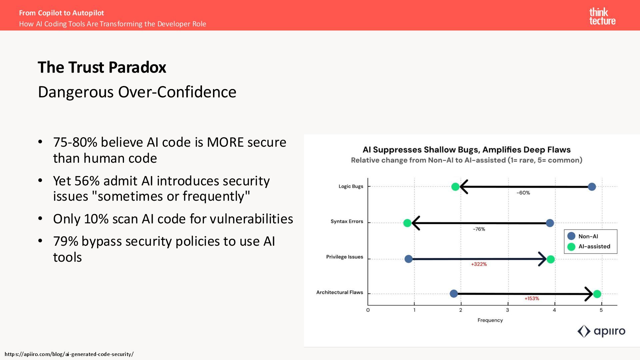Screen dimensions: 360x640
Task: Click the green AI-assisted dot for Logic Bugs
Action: (x=455, y=187)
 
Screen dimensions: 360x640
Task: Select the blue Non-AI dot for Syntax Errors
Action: (x=550, y=223)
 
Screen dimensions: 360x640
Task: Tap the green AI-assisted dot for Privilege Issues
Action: (x=551, y=259)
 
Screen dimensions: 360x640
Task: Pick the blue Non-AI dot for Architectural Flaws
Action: (x=454, y=294)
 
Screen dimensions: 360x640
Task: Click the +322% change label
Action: (x=479, y=264)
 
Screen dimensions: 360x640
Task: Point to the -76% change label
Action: (x=479, y=229)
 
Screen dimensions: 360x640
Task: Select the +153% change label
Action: (x=532, y=299)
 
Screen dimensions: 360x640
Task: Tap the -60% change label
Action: (x=523, y=193)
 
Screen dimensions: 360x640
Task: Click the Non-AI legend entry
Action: (x=588, y=236)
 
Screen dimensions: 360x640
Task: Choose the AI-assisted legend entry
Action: (x=594, y=247)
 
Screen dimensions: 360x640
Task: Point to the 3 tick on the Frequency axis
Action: (x=508, y=310)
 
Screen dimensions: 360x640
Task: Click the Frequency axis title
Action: (x=490, y=320)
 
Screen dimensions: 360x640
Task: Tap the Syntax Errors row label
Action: (x=347, y=222)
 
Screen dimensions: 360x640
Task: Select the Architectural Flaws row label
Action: (x=339, y=293)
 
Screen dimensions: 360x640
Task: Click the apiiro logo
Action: (x=601, y=331)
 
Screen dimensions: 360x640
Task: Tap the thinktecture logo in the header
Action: (x=602, y=17)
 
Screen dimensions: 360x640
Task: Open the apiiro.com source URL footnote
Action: (x=69, y=354)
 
